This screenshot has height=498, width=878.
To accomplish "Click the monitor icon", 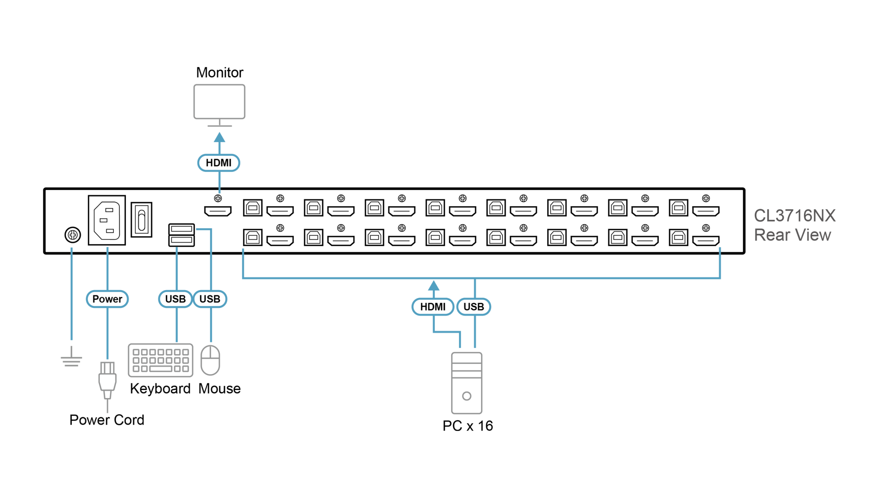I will pyautogui.click(x=219, y=102).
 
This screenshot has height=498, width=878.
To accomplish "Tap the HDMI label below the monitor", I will pyautogui.click(x=219, y=163).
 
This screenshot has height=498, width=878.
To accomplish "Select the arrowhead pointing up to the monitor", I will pyautogui.click(x=219, y=138).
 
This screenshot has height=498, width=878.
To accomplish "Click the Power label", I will pyautogui.click(x=107, y=299).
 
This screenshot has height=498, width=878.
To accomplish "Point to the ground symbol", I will pyautogui.click(x=71, y=359).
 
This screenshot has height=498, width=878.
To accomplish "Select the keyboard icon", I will pyautogui.click(x=161, y=360).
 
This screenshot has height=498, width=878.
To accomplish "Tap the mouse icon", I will pyautogui.click(x=210, y=360).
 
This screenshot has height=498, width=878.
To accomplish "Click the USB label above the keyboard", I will pyautogui.click(x=175, y=299).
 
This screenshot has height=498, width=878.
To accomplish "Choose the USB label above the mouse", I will pyautogui.click(x=210, y=299).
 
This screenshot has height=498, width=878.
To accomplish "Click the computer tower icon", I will pyautogui.click(x=466, y=383).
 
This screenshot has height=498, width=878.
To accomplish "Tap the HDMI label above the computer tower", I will pyautogui.click(x=433, y=306).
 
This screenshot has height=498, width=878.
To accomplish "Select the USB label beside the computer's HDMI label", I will pyautogui.click(x=474, y=306).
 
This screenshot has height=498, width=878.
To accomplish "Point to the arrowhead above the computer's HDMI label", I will pyautogui.click(x=434, y=286).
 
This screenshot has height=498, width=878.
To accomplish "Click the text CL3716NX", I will pyautogui.click(x=795, y=216).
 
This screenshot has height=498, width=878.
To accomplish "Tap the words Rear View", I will pyautogui.click(x=793, y=235).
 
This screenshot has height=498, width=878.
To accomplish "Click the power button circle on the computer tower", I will pyautogui.click(x=466, y=396).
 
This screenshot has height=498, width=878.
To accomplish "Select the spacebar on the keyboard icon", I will pyautogui.click(x=161, y=369).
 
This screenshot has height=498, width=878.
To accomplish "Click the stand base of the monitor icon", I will pyautogui.click(x=220, y=126).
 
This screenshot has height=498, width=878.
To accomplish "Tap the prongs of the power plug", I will pyautogui.click(x=107, y=367).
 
